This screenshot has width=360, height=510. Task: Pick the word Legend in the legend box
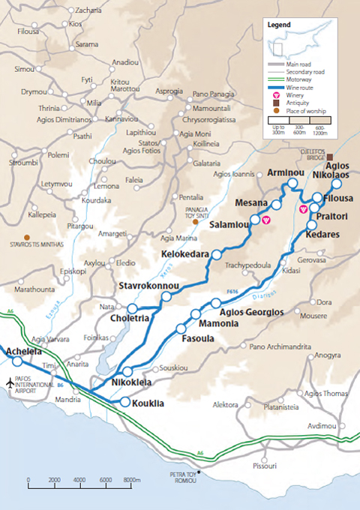[279, 24]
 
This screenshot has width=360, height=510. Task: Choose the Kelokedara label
[184, 254]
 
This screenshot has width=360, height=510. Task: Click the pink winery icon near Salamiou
[265, 220]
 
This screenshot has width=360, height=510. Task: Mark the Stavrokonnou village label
[148, 286]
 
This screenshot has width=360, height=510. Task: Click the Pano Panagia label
[215, 94]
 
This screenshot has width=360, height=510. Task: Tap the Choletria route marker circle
[132, 308]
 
